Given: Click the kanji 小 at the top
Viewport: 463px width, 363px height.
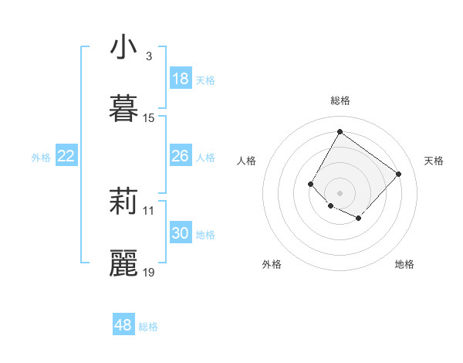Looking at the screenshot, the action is pos(123,47).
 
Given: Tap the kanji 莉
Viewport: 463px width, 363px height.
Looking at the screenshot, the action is pos(123,202).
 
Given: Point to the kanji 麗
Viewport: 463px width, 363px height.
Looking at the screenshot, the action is pos(123,263).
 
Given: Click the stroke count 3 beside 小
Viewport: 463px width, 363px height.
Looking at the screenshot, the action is pos(148,56).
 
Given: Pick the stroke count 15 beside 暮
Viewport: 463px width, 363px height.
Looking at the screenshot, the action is pos(149,117).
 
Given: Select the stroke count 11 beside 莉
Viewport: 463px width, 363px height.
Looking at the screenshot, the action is pos(149,210).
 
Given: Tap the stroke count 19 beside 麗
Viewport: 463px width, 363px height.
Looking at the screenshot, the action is pos(149,272).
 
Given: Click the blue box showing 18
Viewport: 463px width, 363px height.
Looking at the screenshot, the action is pos(181,79).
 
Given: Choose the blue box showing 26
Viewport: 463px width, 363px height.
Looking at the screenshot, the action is pos(181,156).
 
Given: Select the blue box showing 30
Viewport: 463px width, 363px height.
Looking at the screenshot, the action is pos(181,233).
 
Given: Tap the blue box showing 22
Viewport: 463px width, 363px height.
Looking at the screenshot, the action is pos(66,156).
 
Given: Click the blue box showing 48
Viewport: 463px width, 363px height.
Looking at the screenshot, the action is pos(123,325).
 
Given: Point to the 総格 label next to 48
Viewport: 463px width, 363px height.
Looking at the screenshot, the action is pos(148,327).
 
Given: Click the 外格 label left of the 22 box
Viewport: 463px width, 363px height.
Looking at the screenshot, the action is pos(41,158).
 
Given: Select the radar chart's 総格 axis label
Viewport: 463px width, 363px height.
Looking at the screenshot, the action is pos(340,100).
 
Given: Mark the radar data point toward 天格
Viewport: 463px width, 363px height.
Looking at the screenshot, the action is pos(398,174).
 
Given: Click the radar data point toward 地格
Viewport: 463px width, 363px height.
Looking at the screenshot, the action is pos(359,219).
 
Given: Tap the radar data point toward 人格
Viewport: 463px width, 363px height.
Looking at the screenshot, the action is pos(311,184).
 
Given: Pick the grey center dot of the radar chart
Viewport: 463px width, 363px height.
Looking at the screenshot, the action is pos(340,192).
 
